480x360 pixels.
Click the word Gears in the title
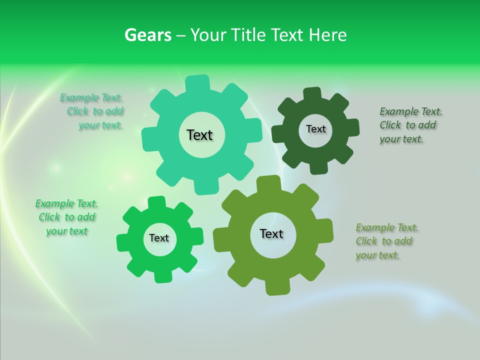147,35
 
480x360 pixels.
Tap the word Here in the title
327,35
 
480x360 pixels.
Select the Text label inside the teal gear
199,135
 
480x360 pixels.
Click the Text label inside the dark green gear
315,129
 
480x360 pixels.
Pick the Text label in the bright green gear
159,238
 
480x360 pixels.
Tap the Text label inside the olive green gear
271,233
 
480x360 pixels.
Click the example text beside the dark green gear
410,125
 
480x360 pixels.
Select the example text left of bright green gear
67,217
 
